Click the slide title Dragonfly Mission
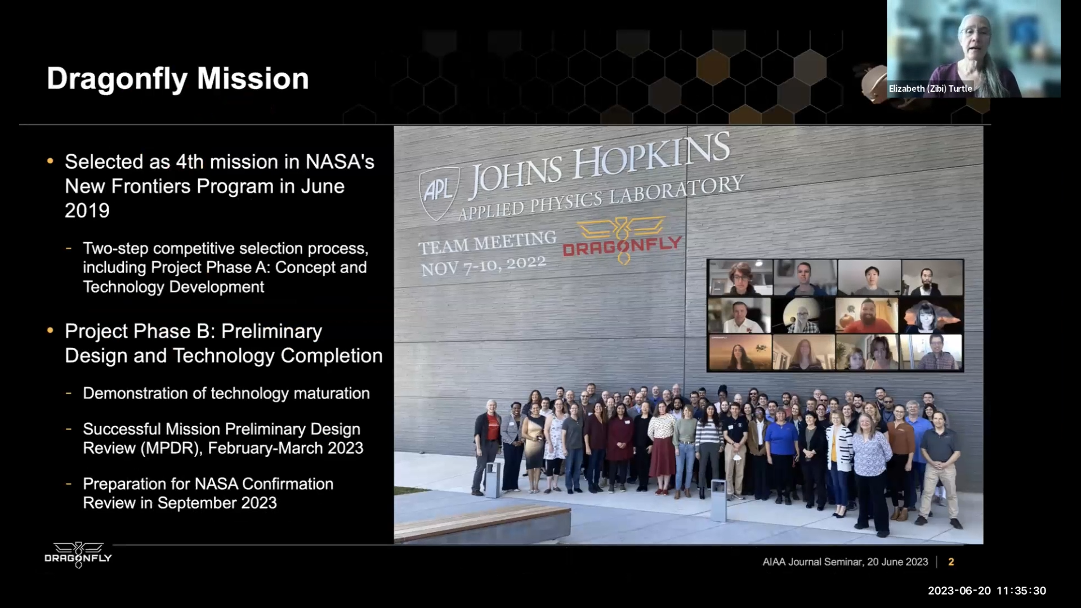[x=178, y=79]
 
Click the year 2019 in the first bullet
[x=87, y=211]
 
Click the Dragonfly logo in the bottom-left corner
[x=78, y=555]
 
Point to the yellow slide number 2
[x=951, y=562]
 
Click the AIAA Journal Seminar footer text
[x=845, y=562]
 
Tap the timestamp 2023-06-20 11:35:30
[x=987, y=591]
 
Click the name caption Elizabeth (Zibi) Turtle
[x=930, y=88]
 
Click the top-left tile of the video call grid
[x=740, y=278]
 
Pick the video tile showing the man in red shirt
[x=867, y=315]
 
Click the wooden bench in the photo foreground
[x=482, y=524]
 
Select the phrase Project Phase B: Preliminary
[x=193, y=331]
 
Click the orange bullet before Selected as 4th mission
[x=51, y=162]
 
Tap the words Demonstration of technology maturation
[x=226, y=393]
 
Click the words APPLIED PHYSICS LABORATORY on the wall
[x=601, y=198]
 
